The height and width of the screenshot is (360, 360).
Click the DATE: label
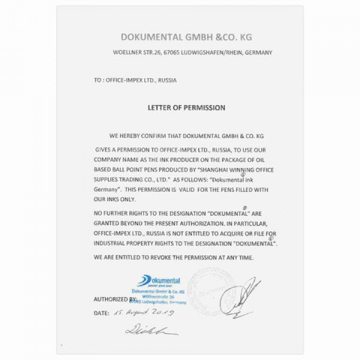pos(101,313)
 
